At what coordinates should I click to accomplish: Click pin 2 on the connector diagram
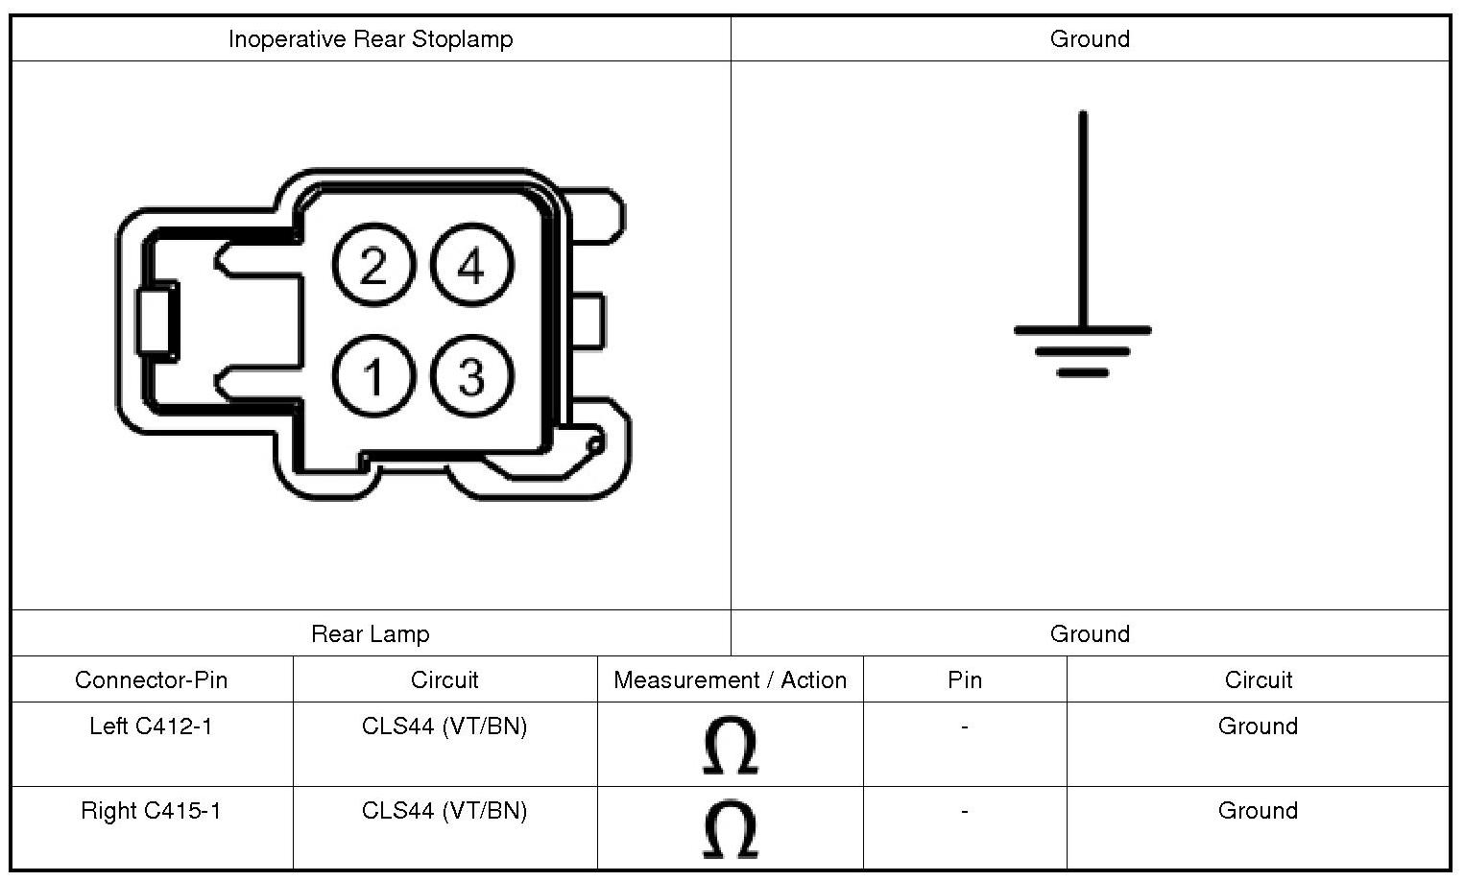[373, 266]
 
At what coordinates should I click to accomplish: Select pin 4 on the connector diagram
[471, 266]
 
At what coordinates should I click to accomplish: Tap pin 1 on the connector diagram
[373, 375]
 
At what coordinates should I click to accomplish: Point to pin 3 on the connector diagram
[471, 375]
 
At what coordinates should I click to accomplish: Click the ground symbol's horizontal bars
[1083, 349]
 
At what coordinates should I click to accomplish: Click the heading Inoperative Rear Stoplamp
[371, 39]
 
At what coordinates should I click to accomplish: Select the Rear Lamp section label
[371, 634]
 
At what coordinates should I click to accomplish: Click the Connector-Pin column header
[152, 680]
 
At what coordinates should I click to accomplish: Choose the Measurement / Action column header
[731, 680]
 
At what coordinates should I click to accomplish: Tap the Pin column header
[965, 680]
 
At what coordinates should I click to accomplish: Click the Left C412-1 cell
[151, 726]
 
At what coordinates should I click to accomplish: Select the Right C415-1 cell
[151, 811]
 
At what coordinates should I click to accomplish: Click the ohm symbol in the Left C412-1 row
[731, 746]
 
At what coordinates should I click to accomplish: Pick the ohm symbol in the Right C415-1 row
[731, 830]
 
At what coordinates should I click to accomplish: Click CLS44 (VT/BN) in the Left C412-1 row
[444, 726]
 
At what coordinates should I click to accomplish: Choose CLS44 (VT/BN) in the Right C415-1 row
[444, 811]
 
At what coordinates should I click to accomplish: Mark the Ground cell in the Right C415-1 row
[1258, 811]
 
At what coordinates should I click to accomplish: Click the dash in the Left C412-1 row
[965, 726]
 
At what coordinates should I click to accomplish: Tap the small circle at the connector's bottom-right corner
[595, 443]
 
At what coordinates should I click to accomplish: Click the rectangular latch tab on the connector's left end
[157, 321]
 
